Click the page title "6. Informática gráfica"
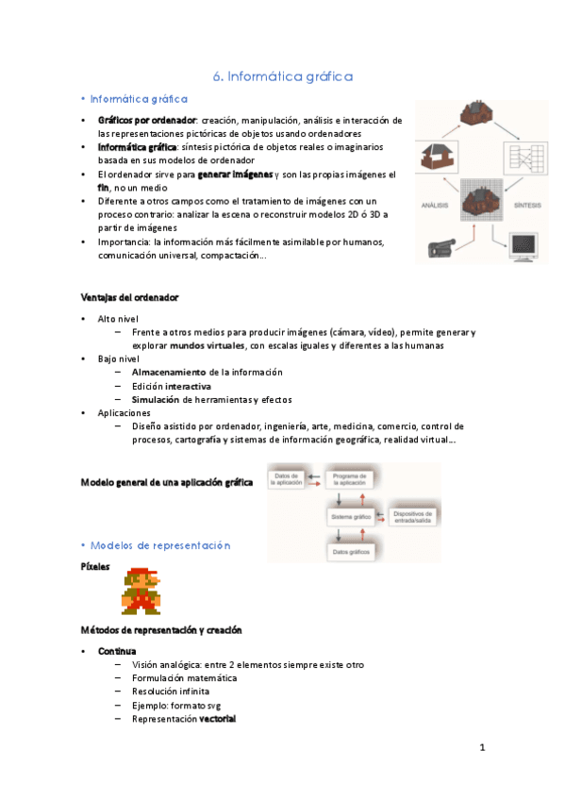(283, 75)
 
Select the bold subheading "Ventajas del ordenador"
(129, 298)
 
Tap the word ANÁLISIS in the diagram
(433, 204)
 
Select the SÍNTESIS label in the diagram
(527, 204)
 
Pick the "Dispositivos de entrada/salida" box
(413, 517)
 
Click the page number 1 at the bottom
(481, 748)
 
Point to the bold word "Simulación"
(157, 399)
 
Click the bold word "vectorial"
(217, 719)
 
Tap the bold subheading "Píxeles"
(96, 567)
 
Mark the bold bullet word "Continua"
(117, 652)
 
